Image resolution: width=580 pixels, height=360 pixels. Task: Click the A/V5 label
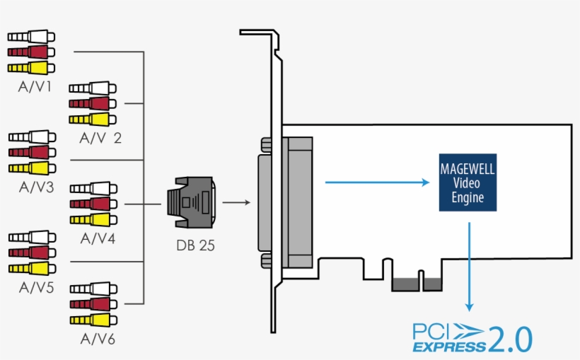[x=32, y=288]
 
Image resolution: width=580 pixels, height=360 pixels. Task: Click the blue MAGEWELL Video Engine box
[x=468, y=182]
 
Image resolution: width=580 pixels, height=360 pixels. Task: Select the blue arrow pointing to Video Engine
[x=376, y=182]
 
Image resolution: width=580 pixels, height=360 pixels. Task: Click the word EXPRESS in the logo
[x=449, y=347]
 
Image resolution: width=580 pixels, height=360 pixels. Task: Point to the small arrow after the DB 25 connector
[x=236, y=202]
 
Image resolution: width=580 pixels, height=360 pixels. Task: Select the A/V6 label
[x=97, y=339]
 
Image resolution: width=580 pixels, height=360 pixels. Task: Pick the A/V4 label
[x=97, y=238]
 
